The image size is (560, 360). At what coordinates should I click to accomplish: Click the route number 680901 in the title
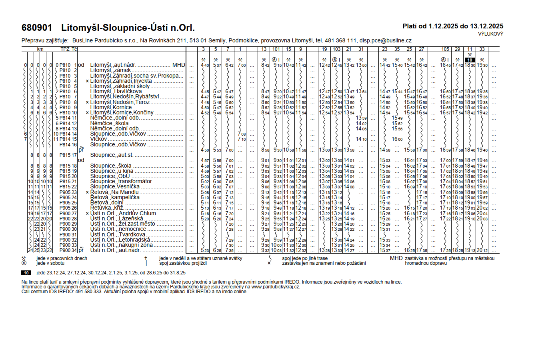37,28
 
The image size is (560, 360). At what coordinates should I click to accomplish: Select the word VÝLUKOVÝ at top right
490,34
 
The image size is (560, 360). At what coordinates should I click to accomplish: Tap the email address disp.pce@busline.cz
385,40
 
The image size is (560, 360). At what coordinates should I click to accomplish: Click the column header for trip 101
276,49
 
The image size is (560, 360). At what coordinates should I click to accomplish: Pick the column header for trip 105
445,49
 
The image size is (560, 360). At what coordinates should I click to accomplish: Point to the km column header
40,49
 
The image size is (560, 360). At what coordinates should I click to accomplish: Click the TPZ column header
65,49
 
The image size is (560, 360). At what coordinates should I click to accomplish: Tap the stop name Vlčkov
99,139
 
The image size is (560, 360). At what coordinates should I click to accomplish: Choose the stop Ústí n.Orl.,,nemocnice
118,229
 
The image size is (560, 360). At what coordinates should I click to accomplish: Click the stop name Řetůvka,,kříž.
107,208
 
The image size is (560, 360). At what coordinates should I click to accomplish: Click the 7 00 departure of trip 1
242,65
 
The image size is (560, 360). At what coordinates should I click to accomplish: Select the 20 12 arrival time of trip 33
482,250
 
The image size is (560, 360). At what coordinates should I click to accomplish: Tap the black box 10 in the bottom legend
26,273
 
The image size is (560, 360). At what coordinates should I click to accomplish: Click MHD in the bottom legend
396,258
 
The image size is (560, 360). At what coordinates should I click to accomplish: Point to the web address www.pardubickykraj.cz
275,287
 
